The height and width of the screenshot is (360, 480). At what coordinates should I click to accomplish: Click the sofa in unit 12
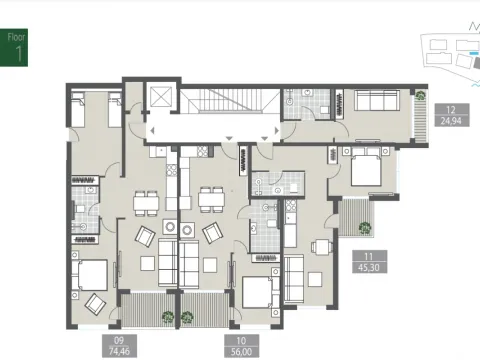click(378, 102)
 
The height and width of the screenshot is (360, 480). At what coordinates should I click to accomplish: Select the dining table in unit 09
click(145, 201)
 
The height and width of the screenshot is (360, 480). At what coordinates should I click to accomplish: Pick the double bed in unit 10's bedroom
click(261, 292)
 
